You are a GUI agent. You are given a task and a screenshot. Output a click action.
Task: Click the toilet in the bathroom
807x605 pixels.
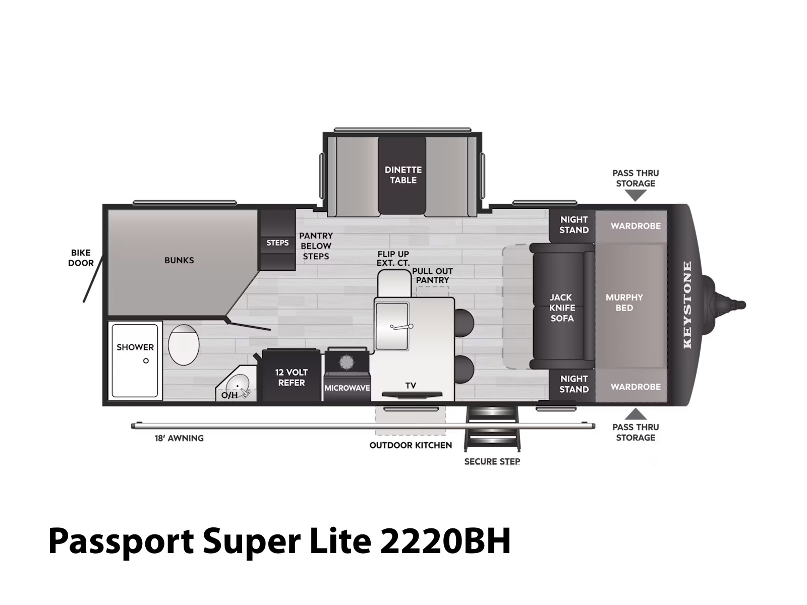[184, 344]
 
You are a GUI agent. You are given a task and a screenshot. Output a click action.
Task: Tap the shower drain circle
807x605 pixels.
[146, 360]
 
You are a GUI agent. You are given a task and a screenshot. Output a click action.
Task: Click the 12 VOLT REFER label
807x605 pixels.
[291, 377]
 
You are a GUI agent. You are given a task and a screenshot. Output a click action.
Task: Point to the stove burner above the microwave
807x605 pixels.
[346, 362]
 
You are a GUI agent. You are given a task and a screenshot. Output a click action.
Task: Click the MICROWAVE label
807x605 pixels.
[347, 388]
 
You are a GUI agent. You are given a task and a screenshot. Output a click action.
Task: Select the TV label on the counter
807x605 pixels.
[411, 385]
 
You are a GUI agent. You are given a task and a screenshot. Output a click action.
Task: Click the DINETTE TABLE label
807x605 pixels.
[403, 175]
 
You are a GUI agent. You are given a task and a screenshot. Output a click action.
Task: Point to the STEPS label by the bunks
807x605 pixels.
[277, 243]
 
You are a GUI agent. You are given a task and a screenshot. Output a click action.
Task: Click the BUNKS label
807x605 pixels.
[179, 260]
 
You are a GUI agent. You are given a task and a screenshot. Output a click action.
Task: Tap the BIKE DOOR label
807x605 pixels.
[81, 258]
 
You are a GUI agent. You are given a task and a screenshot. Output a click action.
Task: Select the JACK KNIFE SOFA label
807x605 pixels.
[561, 308]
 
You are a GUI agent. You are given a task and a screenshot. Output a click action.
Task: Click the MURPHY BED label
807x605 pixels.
[624, 302]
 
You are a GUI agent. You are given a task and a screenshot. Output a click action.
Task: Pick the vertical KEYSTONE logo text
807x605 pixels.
[687, 305]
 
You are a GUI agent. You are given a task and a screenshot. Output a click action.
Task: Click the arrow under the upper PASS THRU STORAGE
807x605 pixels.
[636, 196]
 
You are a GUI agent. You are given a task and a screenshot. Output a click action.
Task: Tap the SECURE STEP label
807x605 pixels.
[492, 461]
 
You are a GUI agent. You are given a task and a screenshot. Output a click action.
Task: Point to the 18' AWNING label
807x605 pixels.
[179, 438]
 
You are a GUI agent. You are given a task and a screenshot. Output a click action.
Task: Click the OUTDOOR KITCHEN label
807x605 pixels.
[411, 445]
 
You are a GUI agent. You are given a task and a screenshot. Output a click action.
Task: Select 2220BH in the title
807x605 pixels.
[445, 540]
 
